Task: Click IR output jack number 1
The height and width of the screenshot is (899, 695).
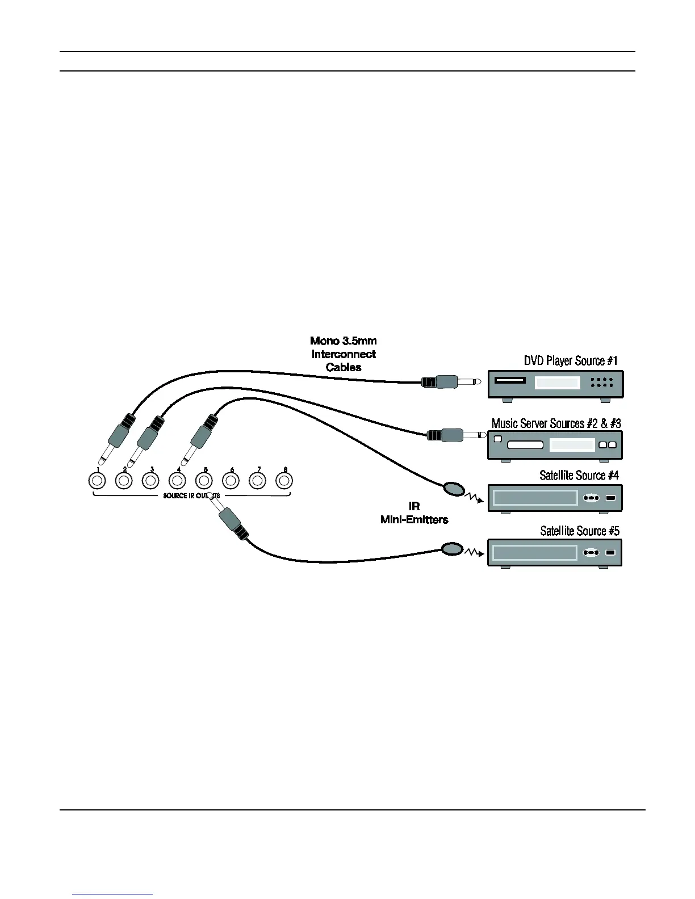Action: click(x=97, y=481)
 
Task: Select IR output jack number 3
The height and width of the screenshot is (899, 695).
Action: click(x=150, y=481)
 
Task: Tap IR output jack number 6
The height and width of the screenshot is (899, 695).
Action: click(x=231, y=481)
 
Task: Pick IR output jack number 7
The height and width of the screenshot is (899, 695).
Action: click(x=258, y=481)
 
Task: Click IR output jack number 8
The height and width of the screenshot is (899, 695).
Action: click(x=284, y=481)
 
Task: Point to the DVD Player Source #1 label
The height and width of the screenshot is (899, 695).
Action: click(x=570, y=361)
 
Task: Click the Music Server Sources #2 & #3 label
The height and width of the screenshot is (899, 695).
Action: click(x=556, y=423)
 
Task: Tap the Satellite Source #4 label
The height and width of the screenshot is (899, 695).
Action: click(x=579, y=475)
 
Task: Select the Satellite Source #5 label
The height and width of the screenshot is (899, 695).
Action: click(x=579, y=531)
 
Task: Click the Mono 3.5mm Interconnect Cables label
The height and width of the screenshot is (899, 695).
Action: click(x=344, y=354)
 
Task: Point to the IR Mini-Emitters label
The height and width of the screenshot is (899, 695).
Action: click(x=414, y=512)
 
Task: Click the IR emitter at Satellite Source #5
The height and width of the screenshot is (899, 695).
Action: click(x=452, y=549)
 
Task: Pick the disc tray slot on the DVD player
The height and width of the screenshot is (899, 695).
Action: click(x=509, y=380)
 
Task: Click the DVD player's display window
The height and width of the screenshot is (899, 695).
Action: click(x=557, y=384)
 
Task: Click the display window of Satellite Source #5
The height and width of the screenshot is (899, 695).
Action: click(x=534, y=553)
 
